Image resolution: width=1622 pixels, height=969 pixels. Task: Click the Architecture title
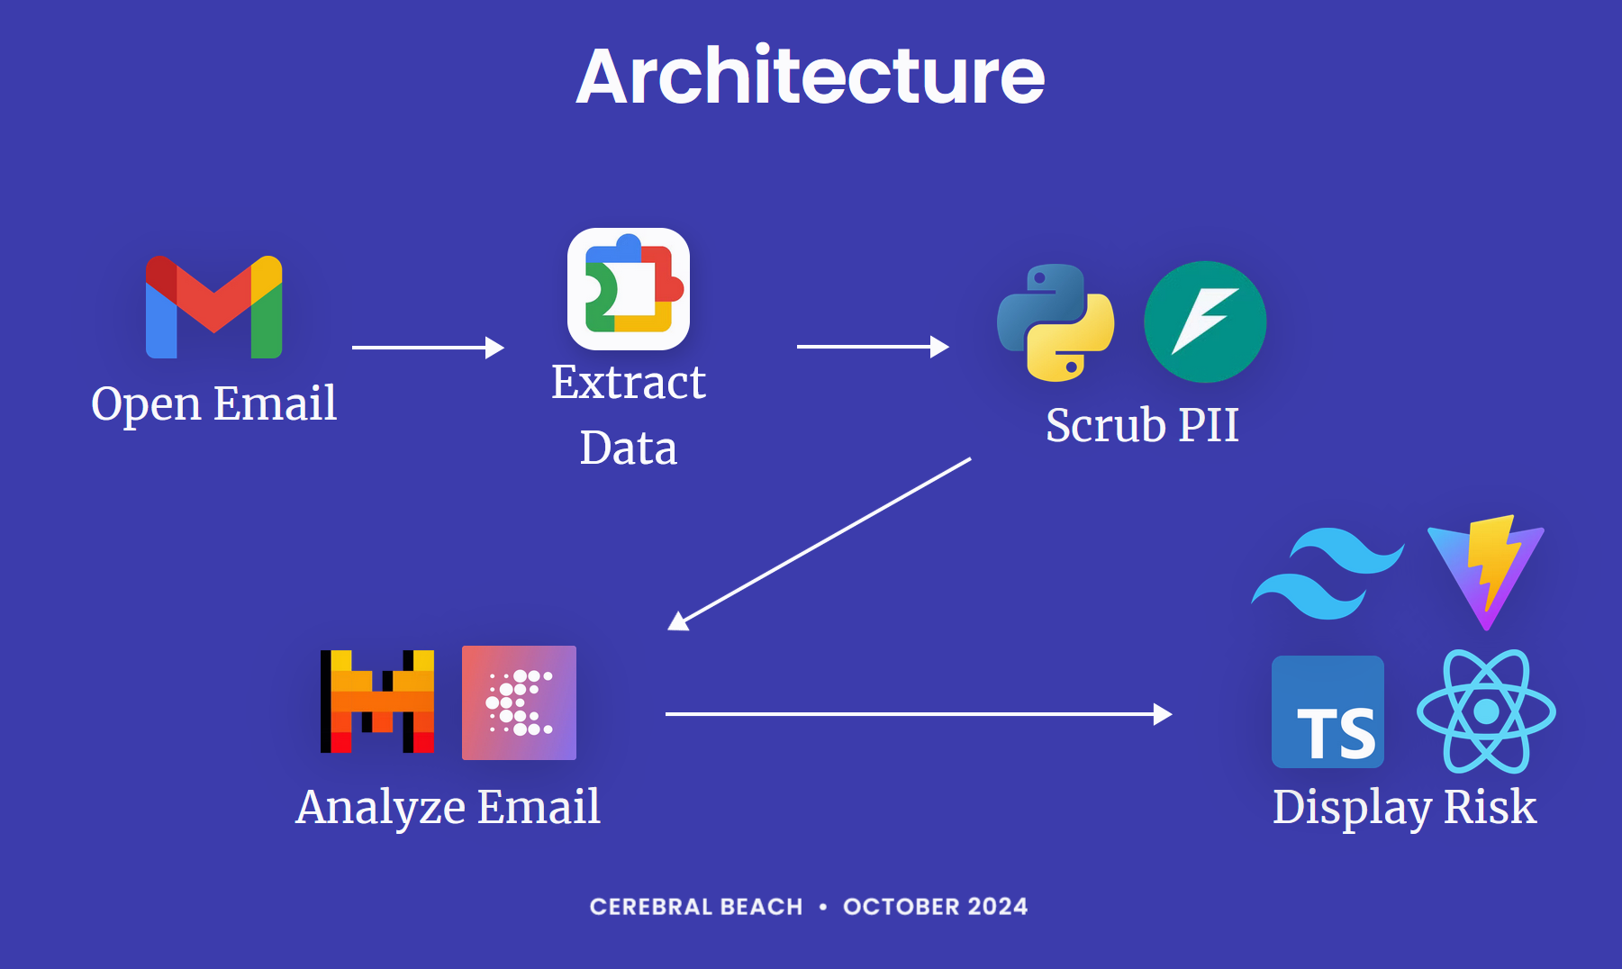(811, 76)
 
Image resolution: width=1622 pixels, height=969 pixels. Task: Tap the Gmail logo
(214, 307)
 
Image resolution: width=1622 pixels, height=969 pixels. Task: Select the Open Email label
(214, 403)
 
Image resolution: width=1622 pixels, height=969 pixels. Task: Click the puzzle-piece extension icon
(629, 289)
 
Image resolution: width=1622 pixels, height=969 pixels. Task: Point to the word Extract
(629, 382)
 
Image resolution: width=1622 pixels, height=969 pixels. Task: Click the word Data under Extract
(629, 448)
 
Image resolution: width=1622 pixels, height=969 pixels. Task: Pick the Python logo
(1056, 322)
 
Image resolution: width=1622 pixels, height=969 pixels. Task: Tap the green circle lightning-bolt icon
(1205, 321)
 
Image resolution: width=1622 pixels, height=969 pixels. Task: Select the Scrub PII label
(1142, 425)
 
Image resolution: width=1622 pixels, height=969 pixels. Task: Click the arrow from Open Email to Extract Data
(428, 347)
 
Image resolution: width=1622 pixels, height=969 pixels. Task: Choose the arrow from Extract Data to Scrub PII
(873, 346)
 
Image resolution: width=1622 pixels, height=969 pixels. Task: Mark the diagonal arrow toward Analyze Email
(820, 544)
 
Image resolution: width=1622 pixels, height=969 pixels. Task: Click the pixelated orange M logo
(377, 702)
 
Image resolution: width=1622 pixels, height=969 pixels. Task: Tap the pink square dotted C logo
(519, 702)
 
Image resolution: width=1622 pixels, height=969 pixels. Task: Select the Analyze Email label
(448, 807)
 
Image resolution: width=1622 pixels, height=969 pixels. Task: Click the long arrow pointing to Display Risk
(919, 714)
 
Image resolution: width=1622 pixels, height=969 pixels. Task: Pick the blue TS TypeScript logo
(1328, 711)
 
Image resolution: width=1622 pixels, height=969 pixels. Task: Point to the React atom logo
(1486, 711)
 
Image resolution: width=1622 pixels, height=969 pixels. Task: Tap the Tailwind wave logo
(1328, 574)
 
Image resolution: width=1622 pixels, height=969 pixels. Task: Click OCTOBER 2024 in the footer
(935, 907)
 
